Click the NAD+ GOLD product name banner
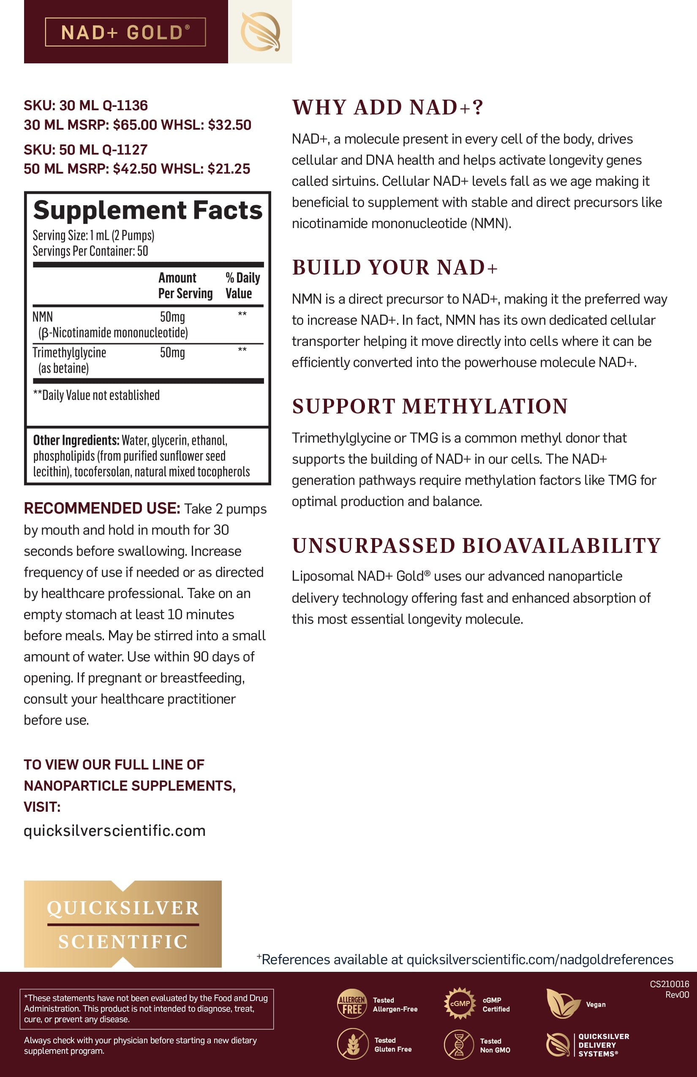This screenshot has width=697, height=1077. click(125, 32)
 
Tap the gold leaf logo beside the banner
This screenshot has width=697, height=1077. click(260, 32)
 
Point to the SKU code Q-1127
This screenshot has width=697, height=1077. click(125, 150)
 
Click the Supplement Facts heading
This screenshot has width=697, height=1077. click(147, 210)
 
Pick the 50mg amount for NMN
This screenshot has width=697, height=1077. click(172, 317)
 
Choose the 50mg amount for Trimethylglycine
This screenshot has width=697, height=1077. click(172, 353)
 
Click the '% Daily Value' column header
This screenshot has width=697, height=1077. click(242, 285)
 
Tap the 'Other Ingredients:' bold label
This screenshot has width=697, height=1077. click(76, 440)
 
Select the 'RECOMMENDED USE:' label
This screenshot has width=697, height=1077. click(102, 508)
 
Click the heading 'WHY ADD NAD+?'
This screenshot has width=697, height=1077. click(387, 108)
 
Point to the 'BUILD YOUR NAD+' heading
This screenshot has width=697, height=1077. click(395, 267)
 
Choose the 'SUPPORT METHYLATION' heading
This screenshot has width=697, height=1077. click(430, 406)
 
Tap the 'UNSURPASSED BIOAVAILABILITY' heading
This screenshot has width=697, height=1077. click(476, 546)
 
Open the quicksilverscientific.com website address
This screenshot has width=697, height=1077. click(114, 831)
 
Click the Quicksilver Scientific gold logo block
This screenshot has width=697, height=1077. click(123, 924)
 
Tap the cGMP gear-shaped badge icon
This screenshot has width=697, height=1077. click(460, 1003)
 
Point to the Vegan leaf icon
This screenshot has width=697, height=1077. click(562, 1003)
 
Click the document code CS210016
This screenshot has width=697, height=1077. click(669, 984)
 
